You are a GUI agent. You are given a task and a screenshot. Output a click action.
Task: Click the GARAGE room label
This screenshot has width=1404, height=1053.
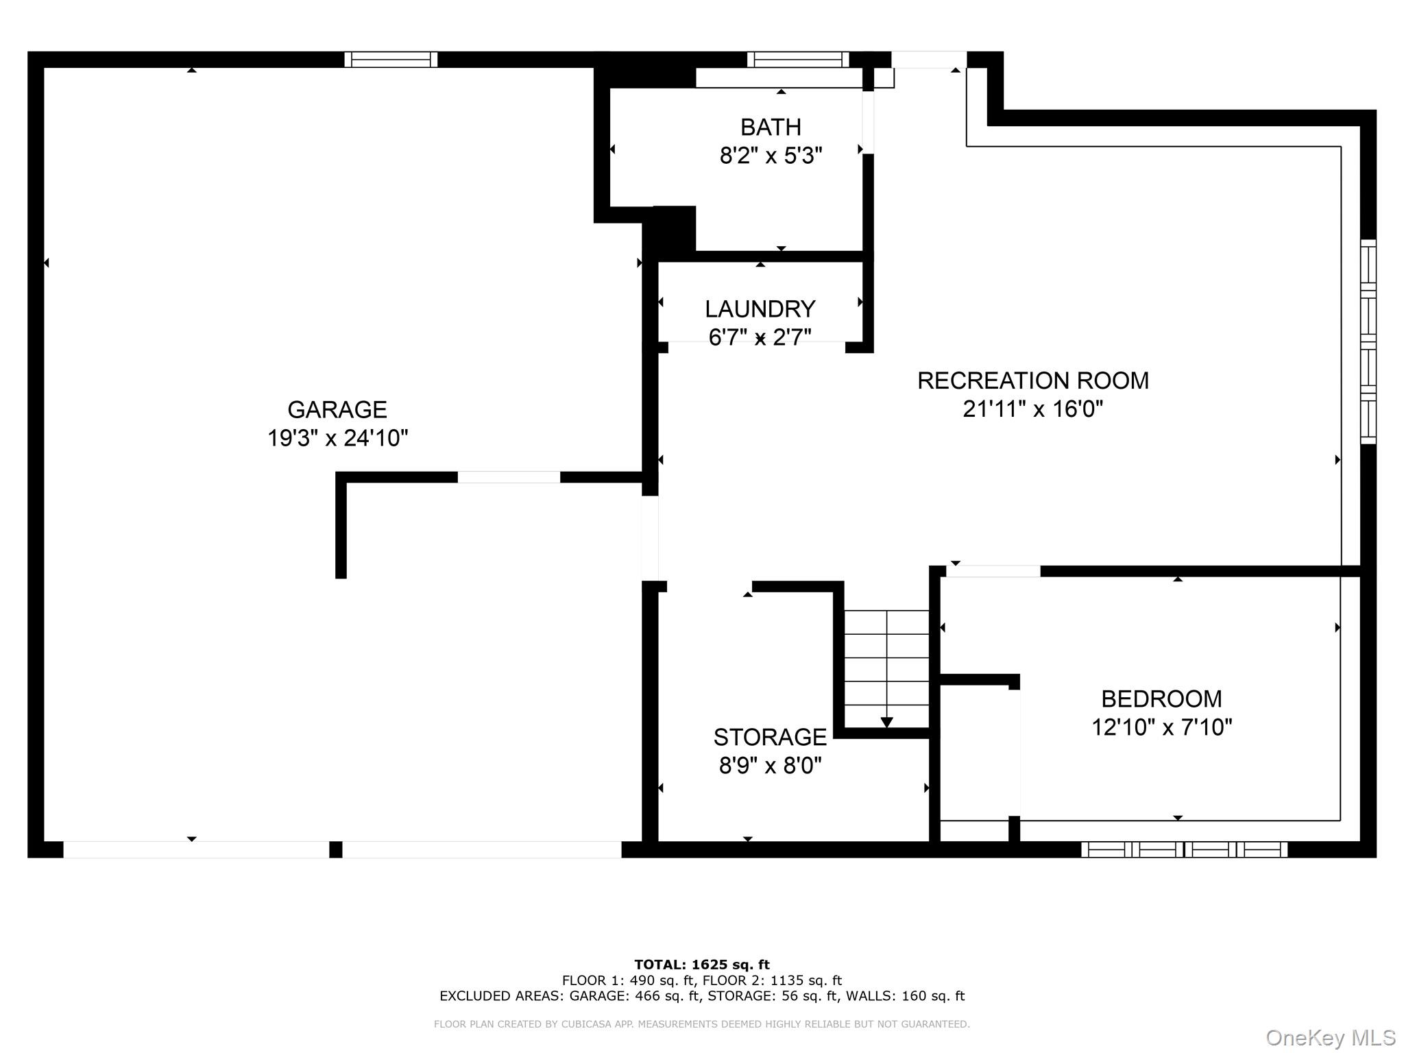click(337, 409)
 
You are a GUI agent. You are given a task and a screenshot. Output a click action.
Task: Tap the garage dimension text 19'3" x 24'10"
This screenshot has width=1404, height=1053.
click(337, 438)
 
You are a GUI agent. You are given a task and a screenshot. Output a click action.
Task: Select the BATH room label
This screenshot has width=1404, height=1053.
click(771, 128)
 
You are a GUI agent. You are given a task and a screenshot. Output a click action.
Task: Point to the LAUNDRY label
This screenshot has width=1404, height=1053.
click(760, 309)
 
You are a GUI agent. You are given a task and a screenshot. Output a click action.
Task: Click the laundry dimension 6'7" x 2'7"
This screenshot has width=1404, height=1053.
click(760, 337)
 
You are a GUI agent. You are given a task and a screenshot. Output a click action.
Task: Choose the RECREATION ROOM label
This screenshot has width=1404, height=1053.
click(1032, 380)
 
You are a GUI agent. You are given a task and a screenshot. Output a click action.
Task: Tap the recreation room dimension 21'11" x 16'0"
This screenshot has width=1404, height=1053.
click(1032, 409)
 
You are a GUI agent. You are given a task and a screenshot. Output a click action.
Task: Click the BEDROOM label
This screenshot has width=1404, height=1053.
click(1161, 699)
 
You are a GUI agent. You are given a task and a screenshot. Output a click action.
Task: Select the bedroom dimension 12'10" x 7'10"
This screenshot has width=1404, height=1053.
click(1161, 727)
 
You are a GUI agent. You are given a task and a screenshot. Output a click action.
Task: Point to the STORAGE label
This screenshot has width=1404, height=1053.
click(770, 737)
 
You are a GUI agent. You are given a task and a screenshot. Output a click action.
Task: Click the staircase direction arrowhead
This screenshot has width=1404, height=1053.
click(886, 723)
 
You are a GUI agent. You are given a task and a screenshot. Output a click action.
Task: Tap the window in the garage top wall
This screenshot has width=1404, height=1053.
click(391, 60)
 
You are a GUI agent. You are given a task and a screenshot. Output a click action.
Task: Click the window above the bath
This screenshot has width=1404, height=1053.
click(798, 60)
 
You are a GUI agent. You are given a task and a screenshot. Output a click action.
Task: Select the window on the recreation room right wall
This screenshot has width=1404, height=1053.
click(1368, 341)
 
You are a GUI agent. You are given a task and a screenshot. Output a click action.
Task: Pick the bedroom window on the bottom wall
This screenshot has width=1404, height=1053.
click(1184, 850)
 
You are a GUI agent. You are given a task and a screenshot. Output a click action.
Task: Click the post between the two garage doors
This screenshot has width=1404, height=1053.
click(336, 849)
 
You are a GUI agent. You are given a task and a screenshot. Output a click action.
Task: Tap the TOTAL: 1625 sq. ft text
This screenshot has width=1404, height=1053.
click(702, 965)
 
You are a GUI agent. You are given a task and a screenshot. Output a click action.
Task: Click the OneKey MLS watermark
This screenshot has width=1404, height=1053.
click(1330, 1038)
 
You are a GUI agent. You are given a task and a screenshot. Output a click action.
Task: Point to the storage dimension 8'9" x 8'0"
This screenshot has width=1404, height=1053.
click(770, 766)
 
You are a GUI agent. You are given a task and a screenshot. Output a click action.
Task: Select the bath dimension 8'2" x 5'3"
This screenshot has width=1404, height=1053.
click(771, 156)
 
